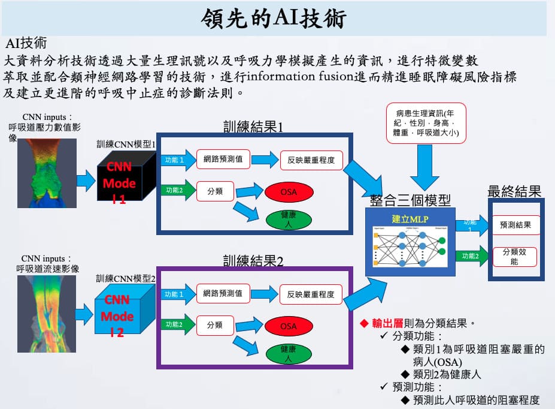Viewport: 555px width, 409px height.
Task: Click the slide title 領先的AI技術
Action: [275, 19]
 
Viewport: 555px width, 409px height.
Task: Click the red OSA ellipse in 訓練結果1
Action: [288, 192]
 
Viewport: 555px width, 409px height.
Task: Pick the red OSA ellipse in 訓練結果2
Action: [288, 326]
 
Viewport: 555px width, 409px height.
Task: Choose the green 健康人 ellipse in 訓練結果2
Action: [288, 353]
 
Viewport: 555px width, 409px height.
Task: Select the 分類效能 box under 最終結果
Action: [514, 257]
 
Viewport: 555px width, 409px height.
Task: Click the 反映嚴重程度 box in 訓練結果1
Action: [310, 160]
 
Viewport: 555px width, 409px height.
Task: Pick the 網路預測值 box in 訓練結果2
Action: [223, 294]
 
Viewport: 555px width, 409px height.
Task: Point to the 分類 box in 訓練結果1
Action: [215, 191]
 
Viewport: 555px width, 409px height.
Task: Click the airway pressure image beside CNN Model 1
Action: [51, 173]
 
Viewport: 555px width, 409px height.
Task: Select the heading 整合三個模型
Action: [410, 200]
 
